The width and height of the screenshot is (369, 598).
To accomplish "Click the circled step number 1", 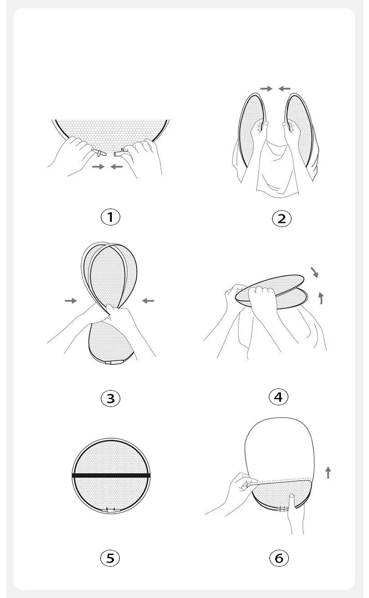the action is tap(110, 217).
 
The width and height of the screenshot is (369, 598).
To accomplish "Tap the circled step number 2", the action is tap(282, 219).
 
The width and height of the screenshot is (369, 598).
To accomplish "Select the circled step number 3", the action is tap(110, 398).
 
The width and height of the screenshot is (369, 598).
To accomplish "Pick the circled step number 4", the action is tap(279, 397).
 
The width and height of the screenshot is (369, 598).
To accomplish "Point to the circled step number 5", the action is tap(110, 558).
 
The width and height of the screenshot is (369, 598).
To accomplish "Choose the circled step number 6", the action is tap(279, 558).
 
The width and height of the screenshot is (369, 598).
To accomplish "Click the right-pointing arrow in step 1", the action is tap(99, 167).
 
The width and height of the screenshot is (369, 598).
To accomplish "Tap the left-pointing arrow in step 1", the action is tap(117, 167).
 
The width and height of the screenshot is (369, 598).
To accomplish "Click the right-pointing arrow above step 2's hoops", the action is tap(267, 89).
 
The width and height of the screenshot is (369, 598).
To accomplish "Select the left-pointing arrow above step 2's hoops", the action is tap(284, 89).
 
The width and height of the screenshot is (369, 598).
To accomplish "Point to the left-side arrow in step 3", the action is tap(71, 301).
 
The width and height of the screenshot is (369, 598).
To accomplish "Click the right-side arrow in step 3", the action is tap(148, 301).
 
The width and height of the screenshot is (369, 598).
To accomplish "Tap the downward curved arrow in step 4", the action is tap(315, 272).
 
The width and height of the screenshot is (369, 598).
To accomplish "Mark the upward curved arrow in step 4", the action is tap(321, 298).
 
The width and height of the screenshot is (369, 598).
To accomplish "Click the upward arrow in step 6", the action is tap(328, 473).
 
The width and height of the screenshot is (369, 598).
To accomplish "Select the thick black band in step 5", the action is tap(111, 475).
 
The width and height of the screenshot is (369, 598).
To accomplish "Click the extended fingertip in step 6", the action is tap(292, 496).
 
